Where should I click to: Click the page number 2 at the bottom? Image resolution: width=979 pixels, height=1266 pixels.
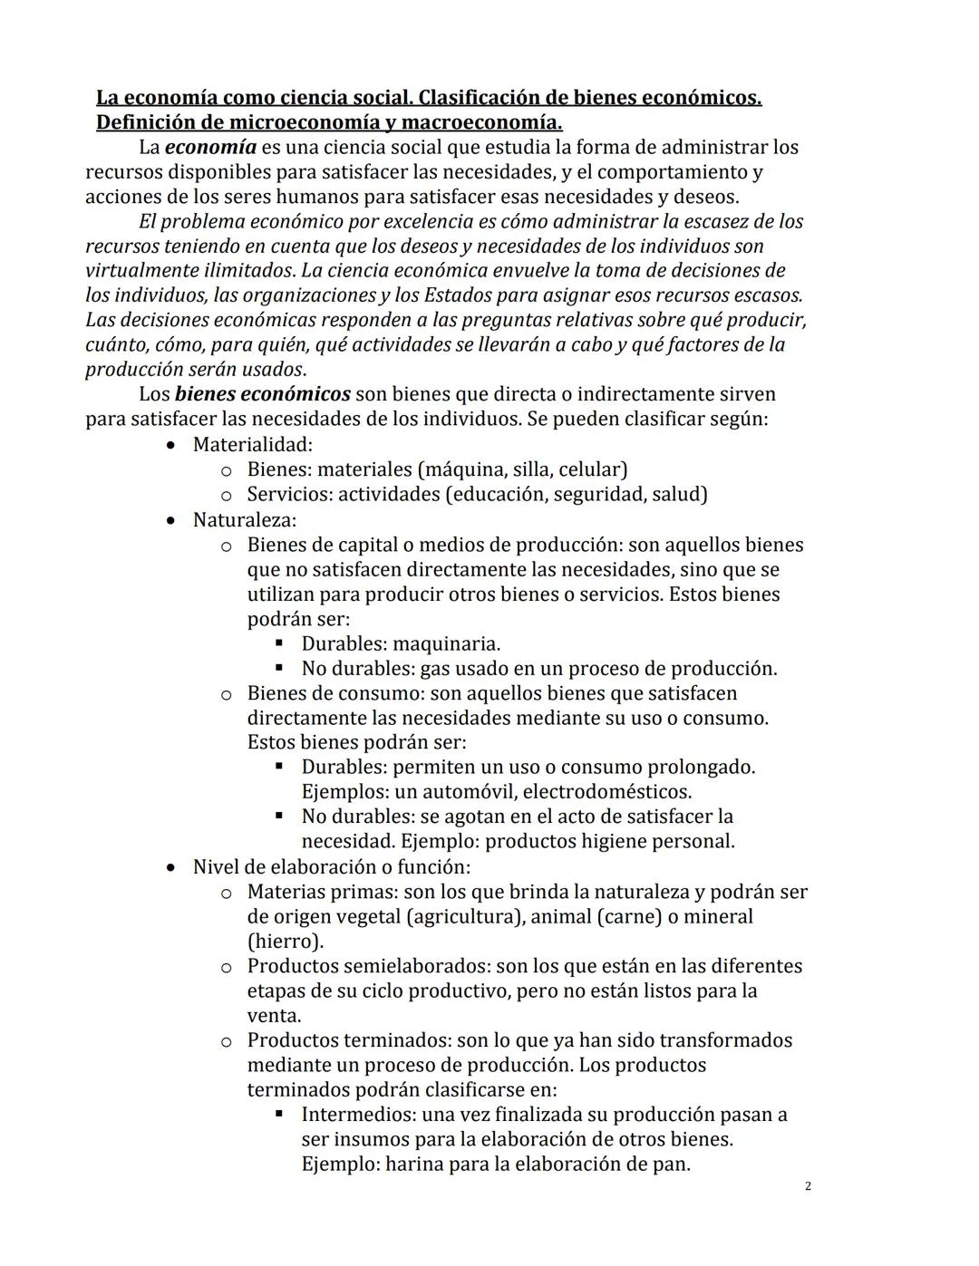click(x=808, y=1186)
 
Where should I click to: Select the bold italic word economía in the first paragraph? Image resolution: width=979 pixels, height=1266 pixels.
click(x=210, y=147)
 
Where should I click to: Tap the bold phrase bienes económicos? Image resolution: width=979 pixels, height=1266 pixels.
click(x=262, y=394)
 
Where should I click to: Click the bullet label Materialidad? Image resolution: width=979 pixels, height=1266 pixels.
click(x=252, y=444)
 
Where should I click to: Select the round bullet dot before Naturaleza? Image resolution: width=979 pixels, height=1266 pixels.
click(x=172, y=521)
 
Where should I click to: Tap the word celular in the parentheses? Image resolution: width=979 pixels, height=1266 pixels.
click(x=591, y=469)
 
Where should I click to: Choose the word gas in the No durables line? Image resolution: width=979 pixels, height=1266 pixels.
click(x=434, y=669)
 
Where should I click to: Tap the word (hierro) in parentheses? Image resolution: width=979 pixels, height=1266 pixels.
click(x=285, y=941)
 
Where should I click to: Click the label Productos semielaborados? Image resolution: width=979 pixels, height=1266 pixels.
click(x=355, y=966)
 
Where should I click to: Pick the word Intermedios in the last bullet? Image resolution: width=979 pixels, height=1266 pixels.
click(x=357, y=1115)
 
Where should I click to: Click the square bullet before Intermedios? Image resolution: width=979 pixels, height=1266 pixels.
click(x=279, y=1114)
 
